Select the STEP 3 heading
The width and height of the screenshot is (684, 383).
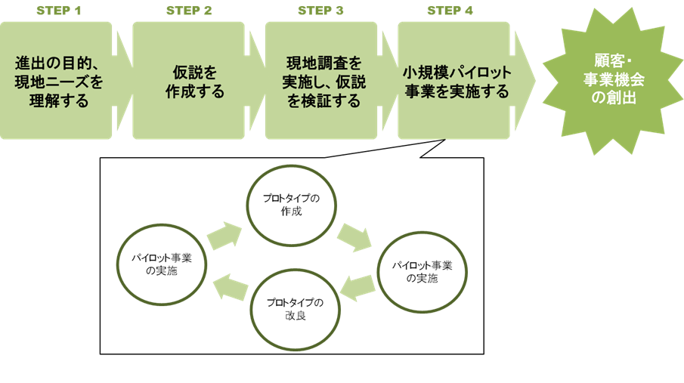(320, 11)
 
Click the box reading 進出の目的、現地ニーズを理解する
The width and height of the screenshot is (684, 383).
(57, 81)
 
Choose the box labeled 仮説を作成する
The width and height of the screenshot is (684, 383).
(189, 81)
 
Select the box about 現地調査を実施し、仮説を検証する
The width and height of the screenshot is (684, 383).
(321, 81)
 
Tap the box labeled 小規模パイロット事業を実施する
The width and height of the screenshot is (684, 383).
(455, 81)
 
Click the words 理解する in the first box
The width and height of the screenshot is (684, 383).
(57, 100)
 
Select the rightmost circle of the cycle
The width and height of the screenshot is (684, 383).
(422, 270)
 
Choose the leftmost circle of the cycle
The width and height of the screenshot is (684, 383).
(162, 264)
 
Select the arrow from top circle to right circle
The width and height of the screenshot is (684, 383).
(354, 236)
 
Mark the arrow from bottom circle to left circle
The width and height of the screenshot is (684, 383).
(230, 287)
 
